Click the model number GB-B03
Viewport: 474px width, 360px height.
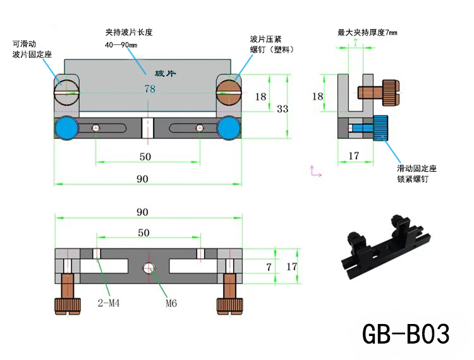[406, 333]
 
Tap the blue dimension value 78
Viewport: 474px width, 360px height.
[150, 89]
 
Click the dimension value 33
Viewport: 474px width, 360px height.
[283, 109]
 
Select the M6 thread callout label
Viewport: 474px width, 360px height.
[171, 303]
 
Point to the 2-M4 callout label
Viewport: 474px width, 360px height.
[109, 303]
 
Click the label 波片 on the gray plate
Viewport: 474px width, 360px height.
[165, 73]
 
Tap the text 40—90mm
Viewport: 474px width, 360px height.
[121, 45]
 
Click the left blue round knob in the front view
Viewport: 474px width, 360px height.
[66, 128]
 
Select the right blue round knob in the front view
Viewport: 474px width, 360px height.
[229, 128]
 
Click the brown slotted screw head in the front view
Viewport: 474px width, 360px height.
[229, 92]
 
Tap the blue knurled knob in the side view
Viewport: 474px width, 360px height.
[380, 128]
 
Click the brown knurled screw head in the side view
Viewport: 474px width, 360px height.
[391, 93]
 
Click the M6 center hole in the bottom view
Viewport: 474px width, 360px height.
[149, 267]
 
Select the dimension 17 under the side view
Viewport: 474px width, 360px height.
[354, 156]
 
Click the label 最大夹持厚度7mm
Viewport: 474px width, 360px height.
[367, 32]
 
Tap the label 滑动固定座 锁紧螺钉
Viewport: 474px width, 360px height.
[417, 174]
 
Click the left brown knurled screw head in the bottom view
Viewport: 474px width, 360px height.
[68, 306]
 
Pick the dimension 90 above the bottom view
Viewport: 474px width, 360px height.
[142, 212]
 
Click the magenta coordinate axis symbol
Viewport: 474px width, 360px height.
[315, 171]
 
